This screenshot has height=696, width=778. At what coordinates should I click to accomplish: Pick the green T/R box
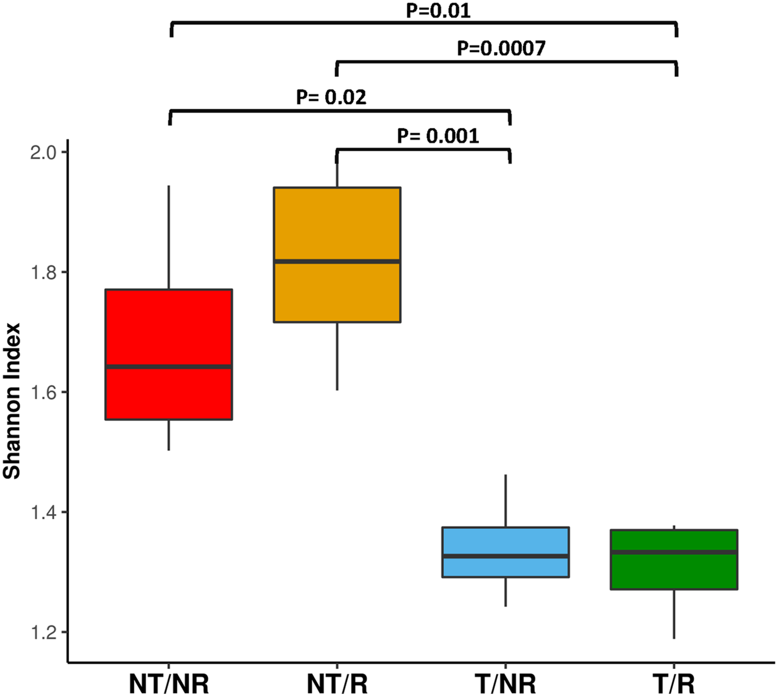click(x=674, y=573)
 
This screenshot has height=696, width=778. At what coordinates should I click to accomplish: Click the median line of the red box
click(x=169, y=367)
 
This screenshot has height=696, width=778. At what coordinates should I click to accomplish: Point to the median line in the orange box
click(x=337, y=261)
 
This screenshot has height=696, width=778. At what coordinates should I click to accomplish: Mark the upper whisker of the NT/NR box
click(x=169, y=237)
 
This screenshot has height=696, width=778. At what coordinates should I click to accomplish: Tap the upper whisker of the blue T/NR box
click(x=505, y=501)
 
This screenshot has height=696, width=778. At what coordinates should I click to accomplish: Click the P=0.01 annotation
click(x=438, y=11)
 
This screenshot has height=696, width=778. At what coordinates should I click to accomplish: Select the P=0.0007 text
click(x=501, y=49)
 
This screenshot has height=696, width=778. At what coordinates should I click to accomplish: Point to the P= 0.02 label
click(x=331, y=97)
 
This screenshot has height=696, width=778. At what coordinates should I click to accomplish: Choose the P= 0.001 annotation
click(x=438, y=136)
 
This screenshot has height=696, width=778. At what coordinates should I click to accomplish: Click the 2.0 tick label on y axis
click(x=43, y=153)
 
